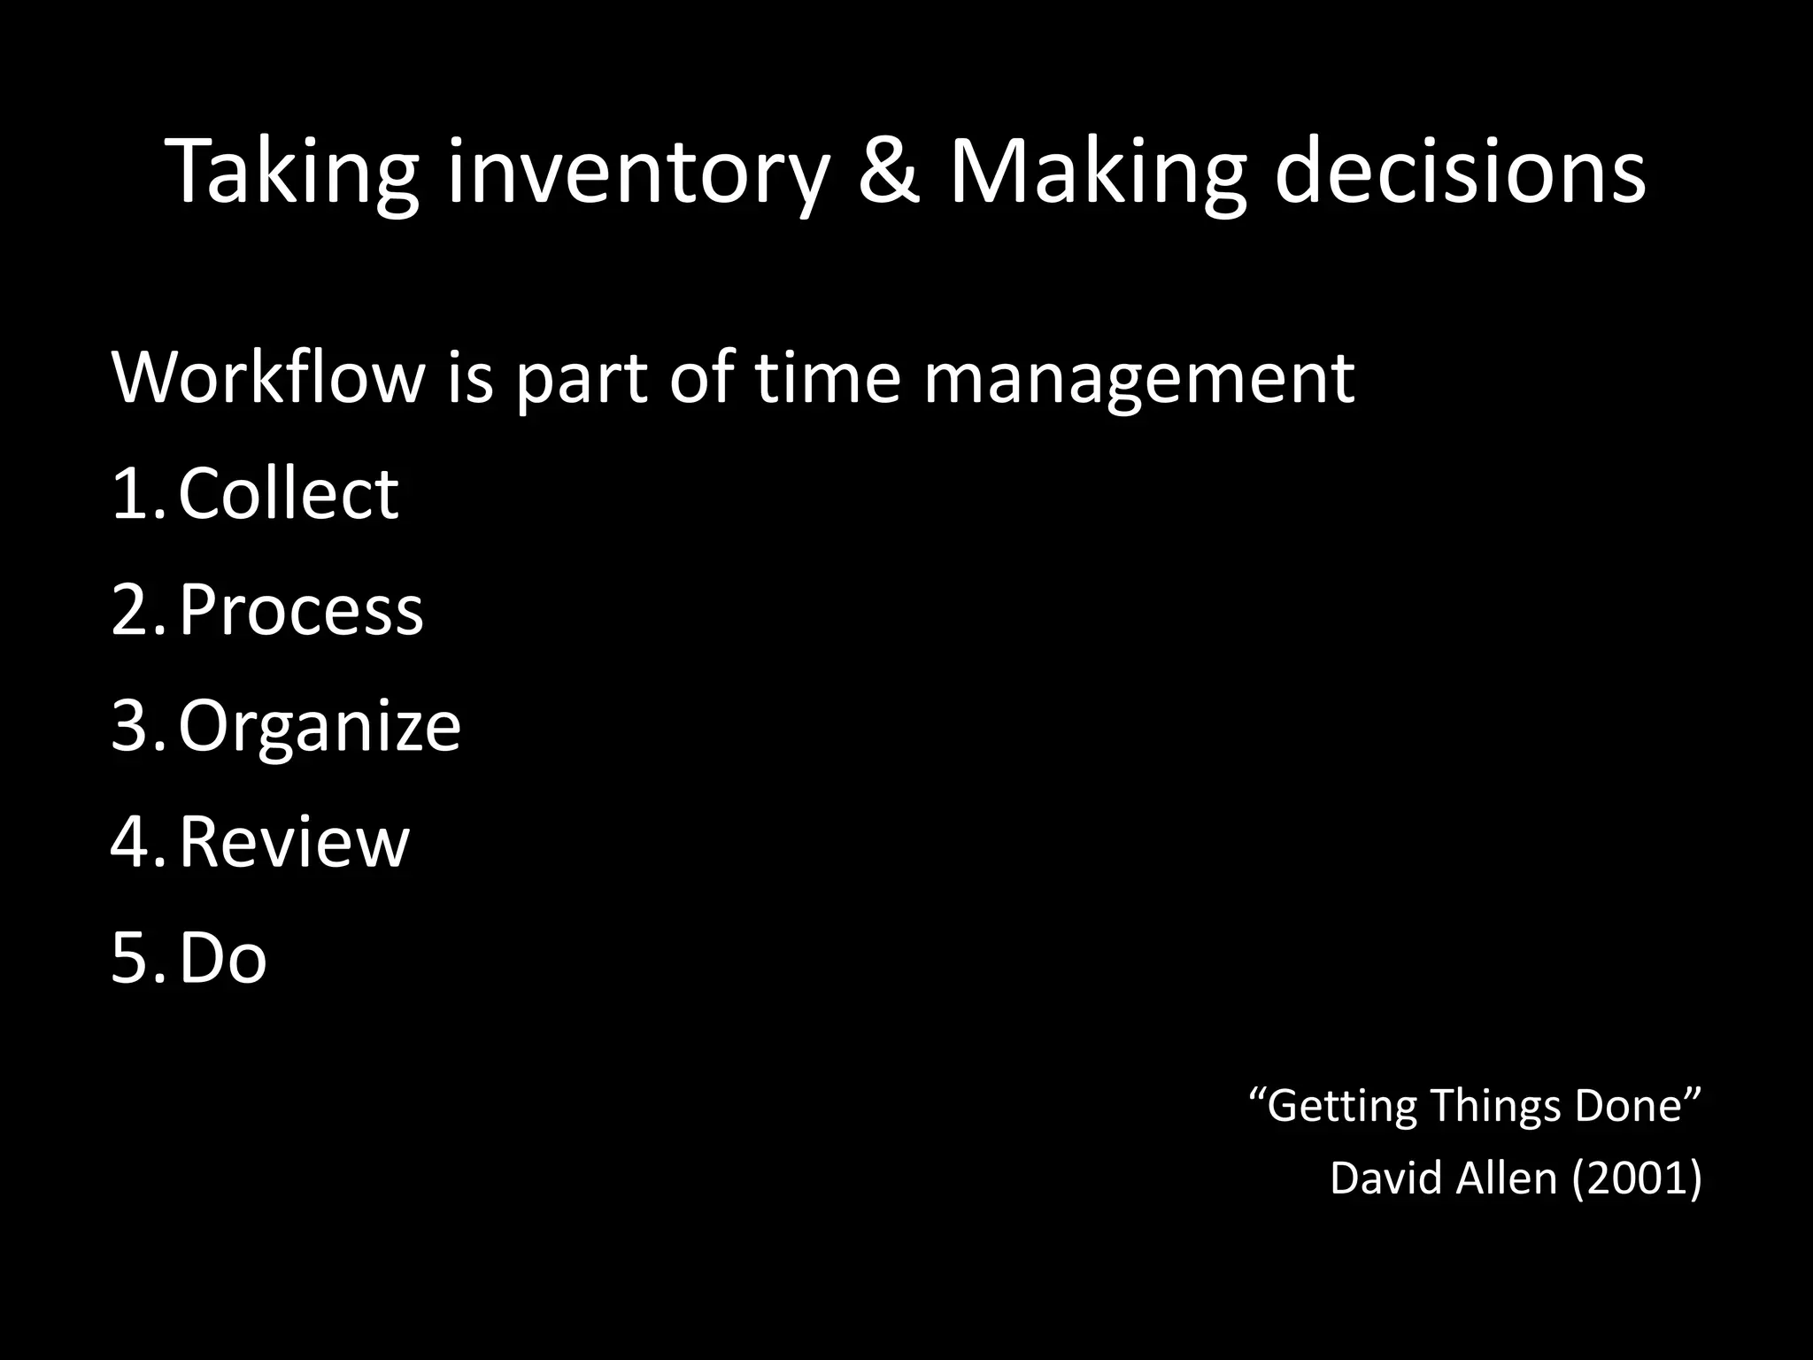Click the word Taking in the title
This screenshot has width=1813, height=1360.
(x=291, y=172)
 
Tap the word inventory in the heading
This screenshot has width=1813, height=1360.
(x=637, y=172)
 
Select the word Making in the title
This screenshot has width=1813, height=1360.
(x=1098, y=172)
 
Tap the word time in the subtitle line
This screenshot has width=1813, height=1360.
(x=827, y=378)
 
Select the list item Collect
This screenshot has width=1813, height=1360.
(x=289, y=493)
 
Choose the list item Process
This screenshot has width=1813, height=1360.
(x=301, y=611)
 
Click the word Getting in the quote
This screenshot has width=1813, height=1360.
(x=1340, y=1107)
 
